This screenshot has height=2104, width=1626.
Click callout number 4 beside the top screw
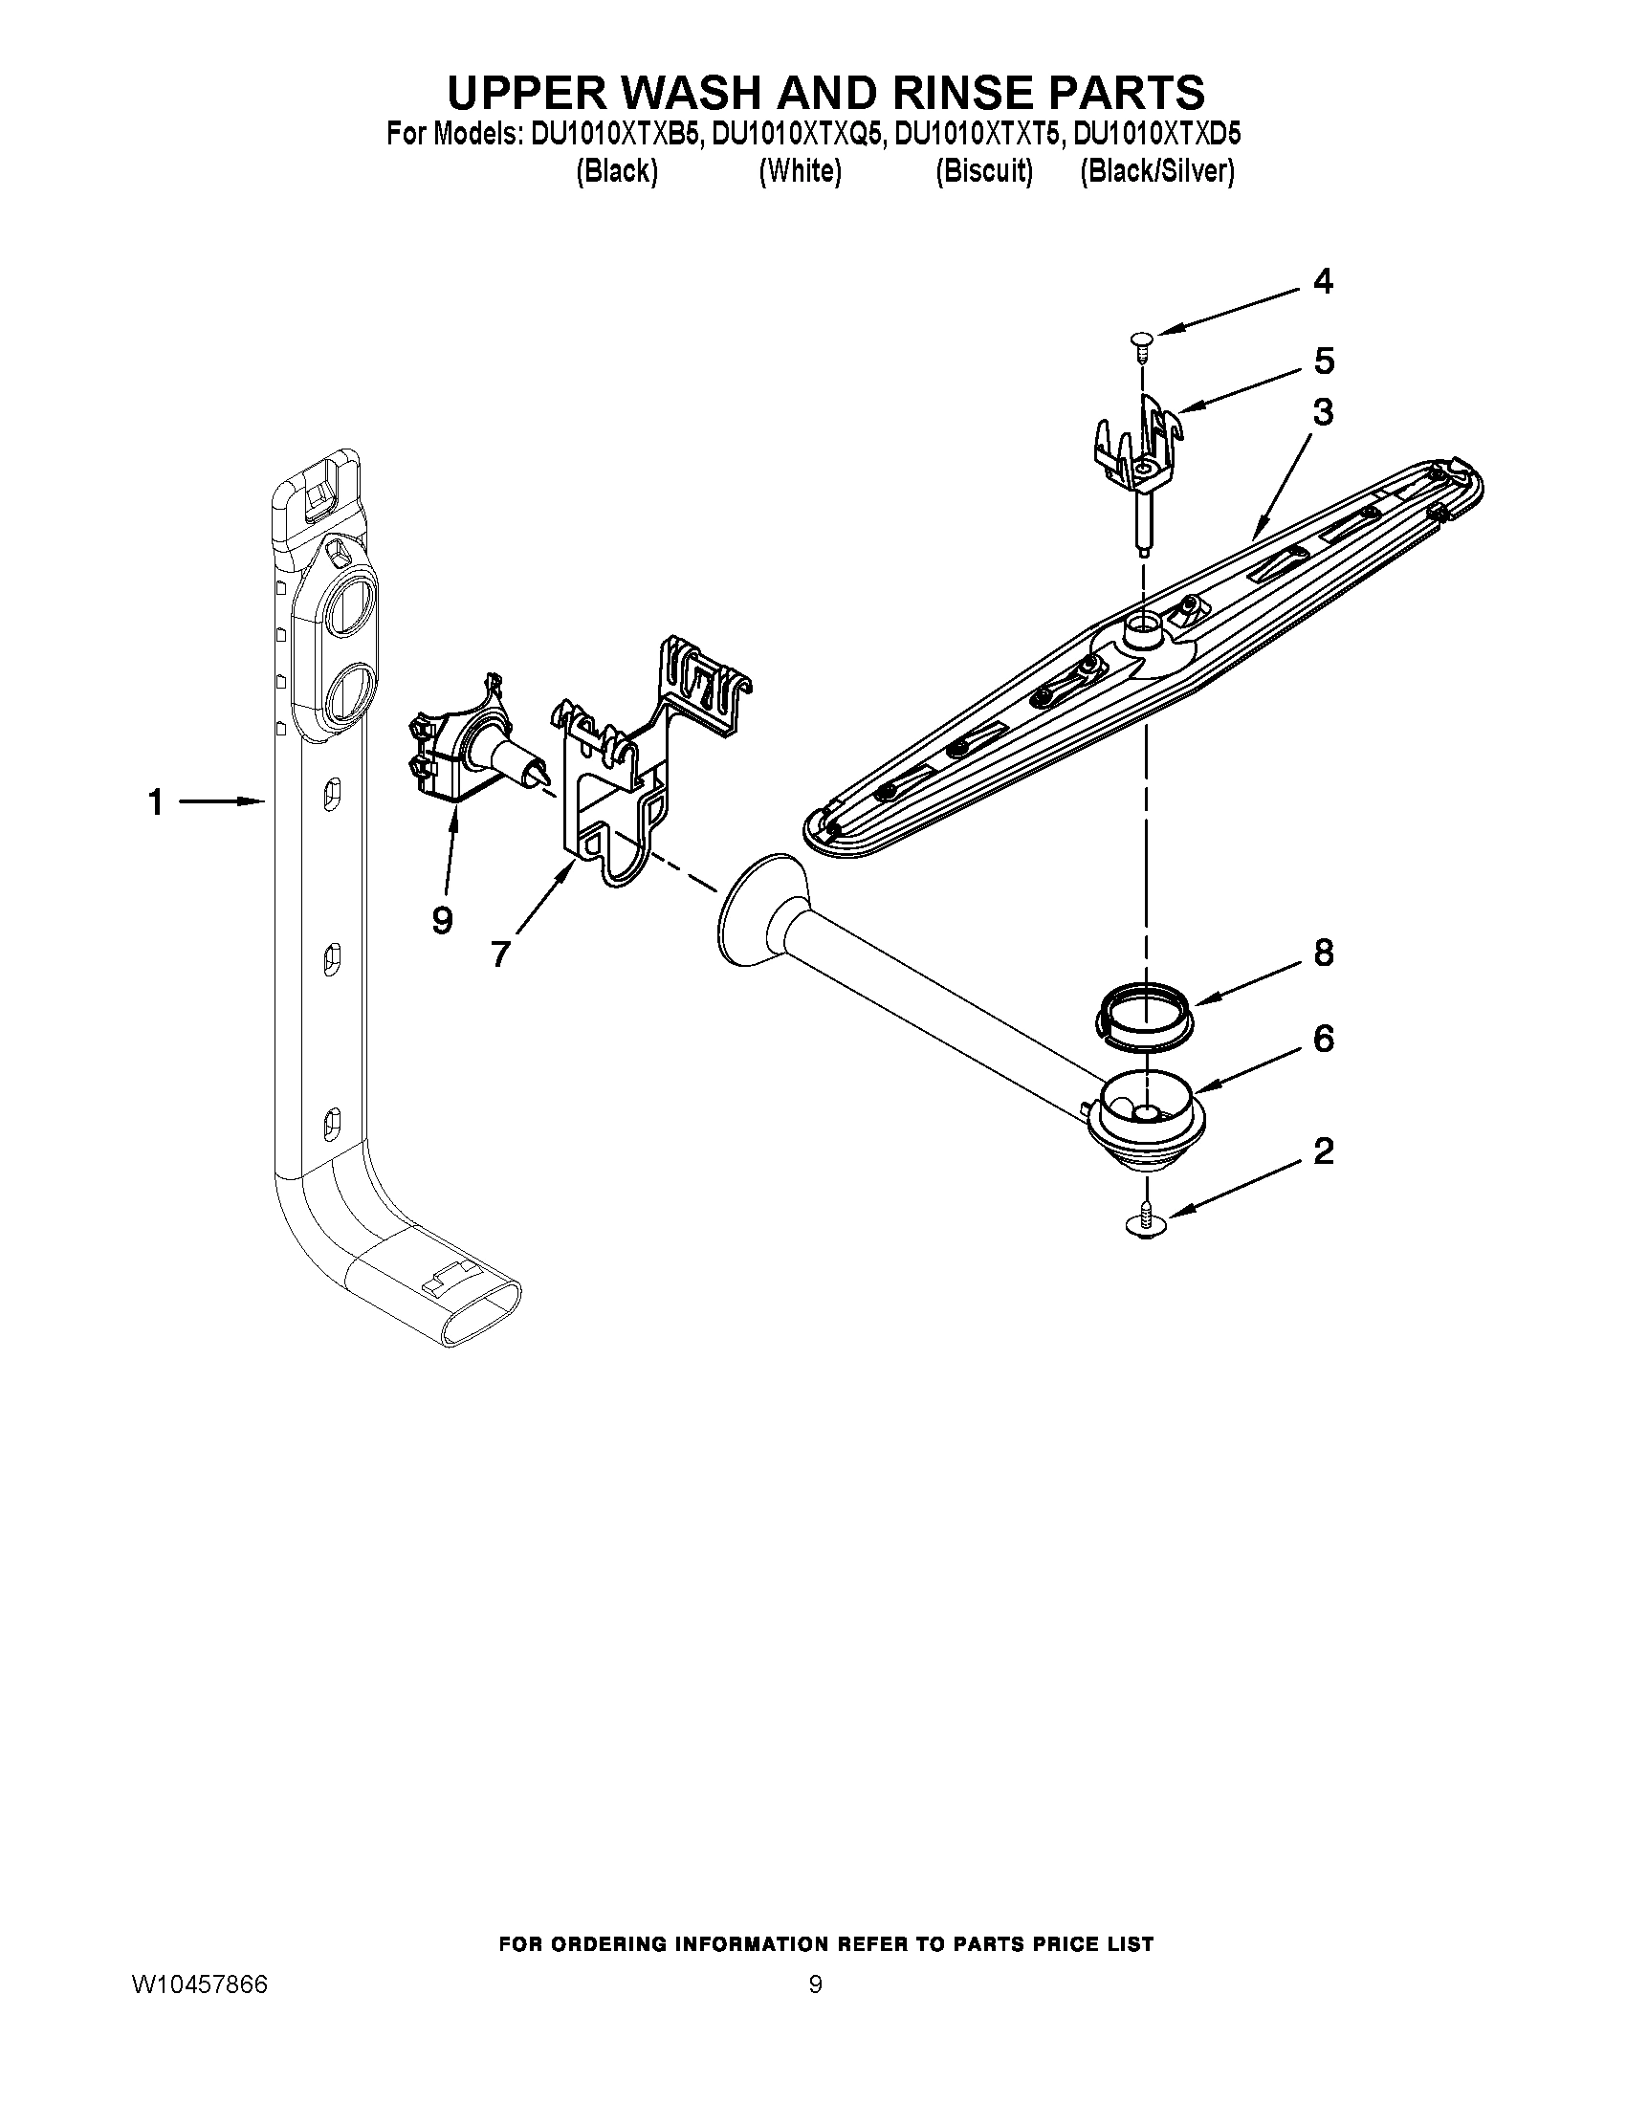[x=1324, y=281]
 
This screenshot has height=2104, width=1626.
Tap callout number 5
[x=1324, y=362]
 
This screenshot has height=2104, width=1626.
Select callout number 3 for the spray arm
[x=1324, y=412]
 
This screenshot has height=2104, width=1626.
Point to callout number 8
[x=1324, y=953]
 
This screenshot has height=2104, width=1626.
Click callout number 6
[x=1324, y=1039]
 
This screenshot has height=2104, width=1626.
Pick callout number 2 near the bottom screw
[x=1324, y=1151]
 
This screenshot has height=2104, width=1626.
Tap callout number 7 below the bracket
[x=499, y=953]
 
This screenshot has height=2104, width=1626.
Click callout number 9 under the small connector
[x=442, y=921]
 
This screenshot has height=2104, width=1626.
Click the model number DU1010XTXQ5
[x=797, y=134]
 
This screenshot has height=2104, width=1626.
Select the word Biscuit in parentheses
[x=983, y=171]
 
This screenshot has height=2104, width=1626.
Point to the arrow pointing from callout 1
[x=223, y=800]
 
